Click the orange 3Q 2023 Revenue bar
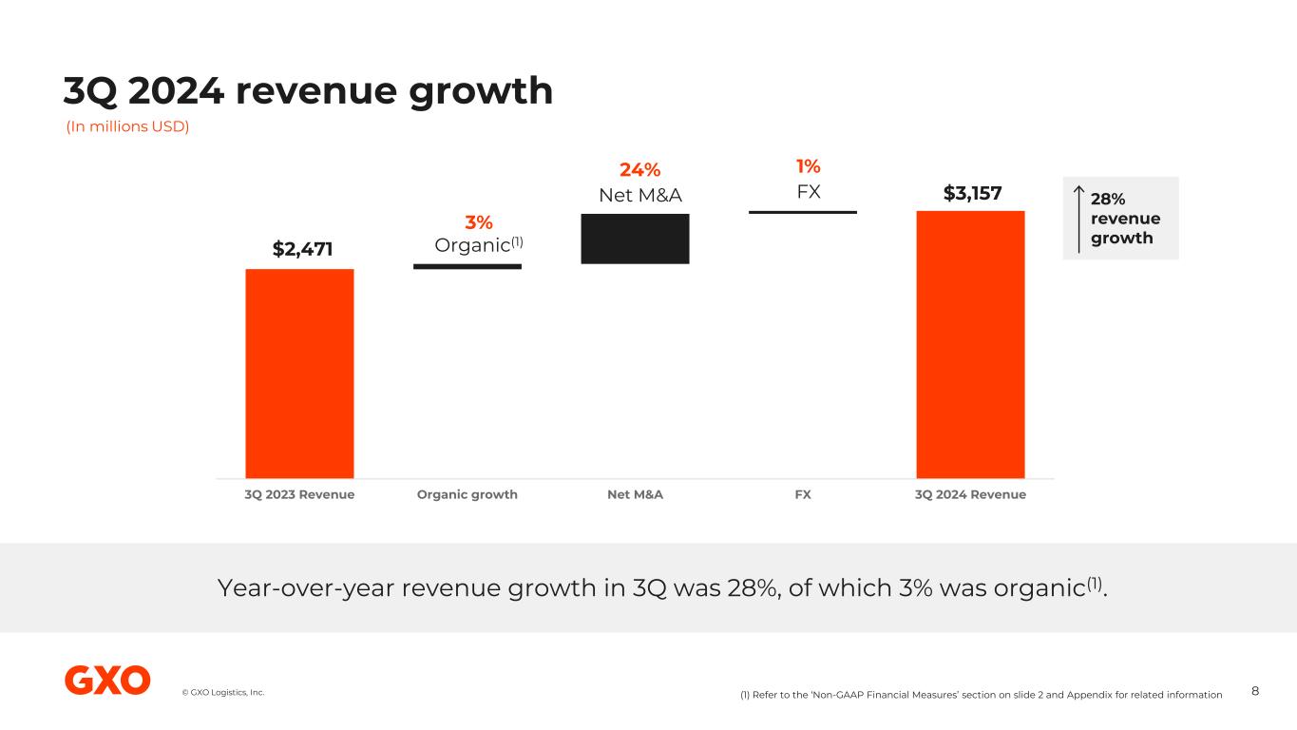click(x=299, y=373)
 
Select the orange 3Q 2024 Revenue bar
click(x=970, y=344)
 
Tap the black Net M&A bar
click(x=635, y=239)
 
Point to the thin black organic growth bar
click(x=467, y=266)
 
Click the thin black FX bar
click(x=803, y=211)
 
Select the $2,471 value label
click(x=302, y=249)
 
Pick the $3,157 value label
click(x=972, y=193)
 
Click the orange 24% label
click(x=639, y=170)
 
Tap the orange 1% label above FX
click(x=808, y=167)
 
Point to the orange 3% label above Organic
click(x=478, y=222)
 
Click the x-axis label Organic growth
click(x=467, y=494)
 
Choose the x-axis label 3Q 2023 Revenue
click(x=299, y=494)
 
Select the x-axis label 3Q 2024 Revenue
click(x=970, y=494)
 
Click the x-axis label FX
click(x=803, y=494)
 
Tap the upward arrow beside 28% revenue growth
click(x=1078, y=219)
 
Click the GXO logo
click(x=107, y=681)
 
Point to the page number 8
click(x=1255, y=691)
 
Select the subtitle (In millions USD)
click(x=127, y=127)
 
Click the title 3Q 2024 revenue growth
click(x=308, y=91)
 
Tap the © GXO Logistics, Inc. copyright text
click(x=223, y=692)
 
